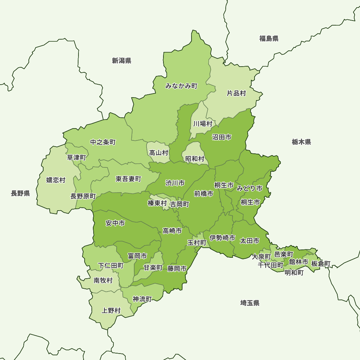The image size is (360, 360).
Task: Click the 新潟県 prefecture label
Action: (x=121, y=60)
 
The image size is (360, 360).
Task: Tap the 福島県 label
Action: (x=269, y=39)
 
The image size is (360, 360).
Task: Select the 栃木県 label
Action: (x=301, y=142)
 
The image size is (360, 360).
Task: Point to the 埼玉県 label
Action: (x=250, y=303)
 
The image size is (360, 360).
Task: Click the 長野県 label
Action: (x=20, y=194)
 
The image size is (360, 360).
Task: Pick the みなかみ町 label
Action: (x=181, y=86)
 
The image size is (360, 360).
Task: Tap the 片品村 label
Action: (x=236, y=93)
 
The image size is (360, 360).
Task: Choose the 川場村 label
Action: (x=203, y=124)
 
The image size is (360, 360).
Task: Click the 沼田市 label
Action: (x=221, y=137)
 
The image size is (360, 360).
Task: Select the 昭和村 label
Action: (x=195, y=159)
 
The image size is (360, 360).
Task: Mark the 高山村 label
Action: (x=159, y=153)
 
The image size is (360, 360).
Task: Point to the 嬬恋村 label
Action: (x=56, y=180)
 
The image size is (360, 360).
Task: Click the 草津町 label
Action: (x=77, y=157)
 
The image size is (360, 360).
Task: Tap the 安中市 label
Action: (x=115, y=223)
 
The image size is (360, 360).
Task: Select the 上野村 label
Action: (x=111, y=310)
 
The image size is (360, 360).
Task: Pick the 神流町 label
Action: (x=142, y=299)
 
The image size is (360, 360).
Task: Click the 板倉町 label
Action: (x=321, y=264)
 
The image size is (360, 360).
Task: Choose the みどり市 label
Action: (x=249, y=188)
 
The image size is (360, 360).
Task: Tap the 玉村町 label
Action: (x=197, y=243)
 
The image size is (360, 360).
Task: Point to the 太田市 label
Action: (x=249, y=240)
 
